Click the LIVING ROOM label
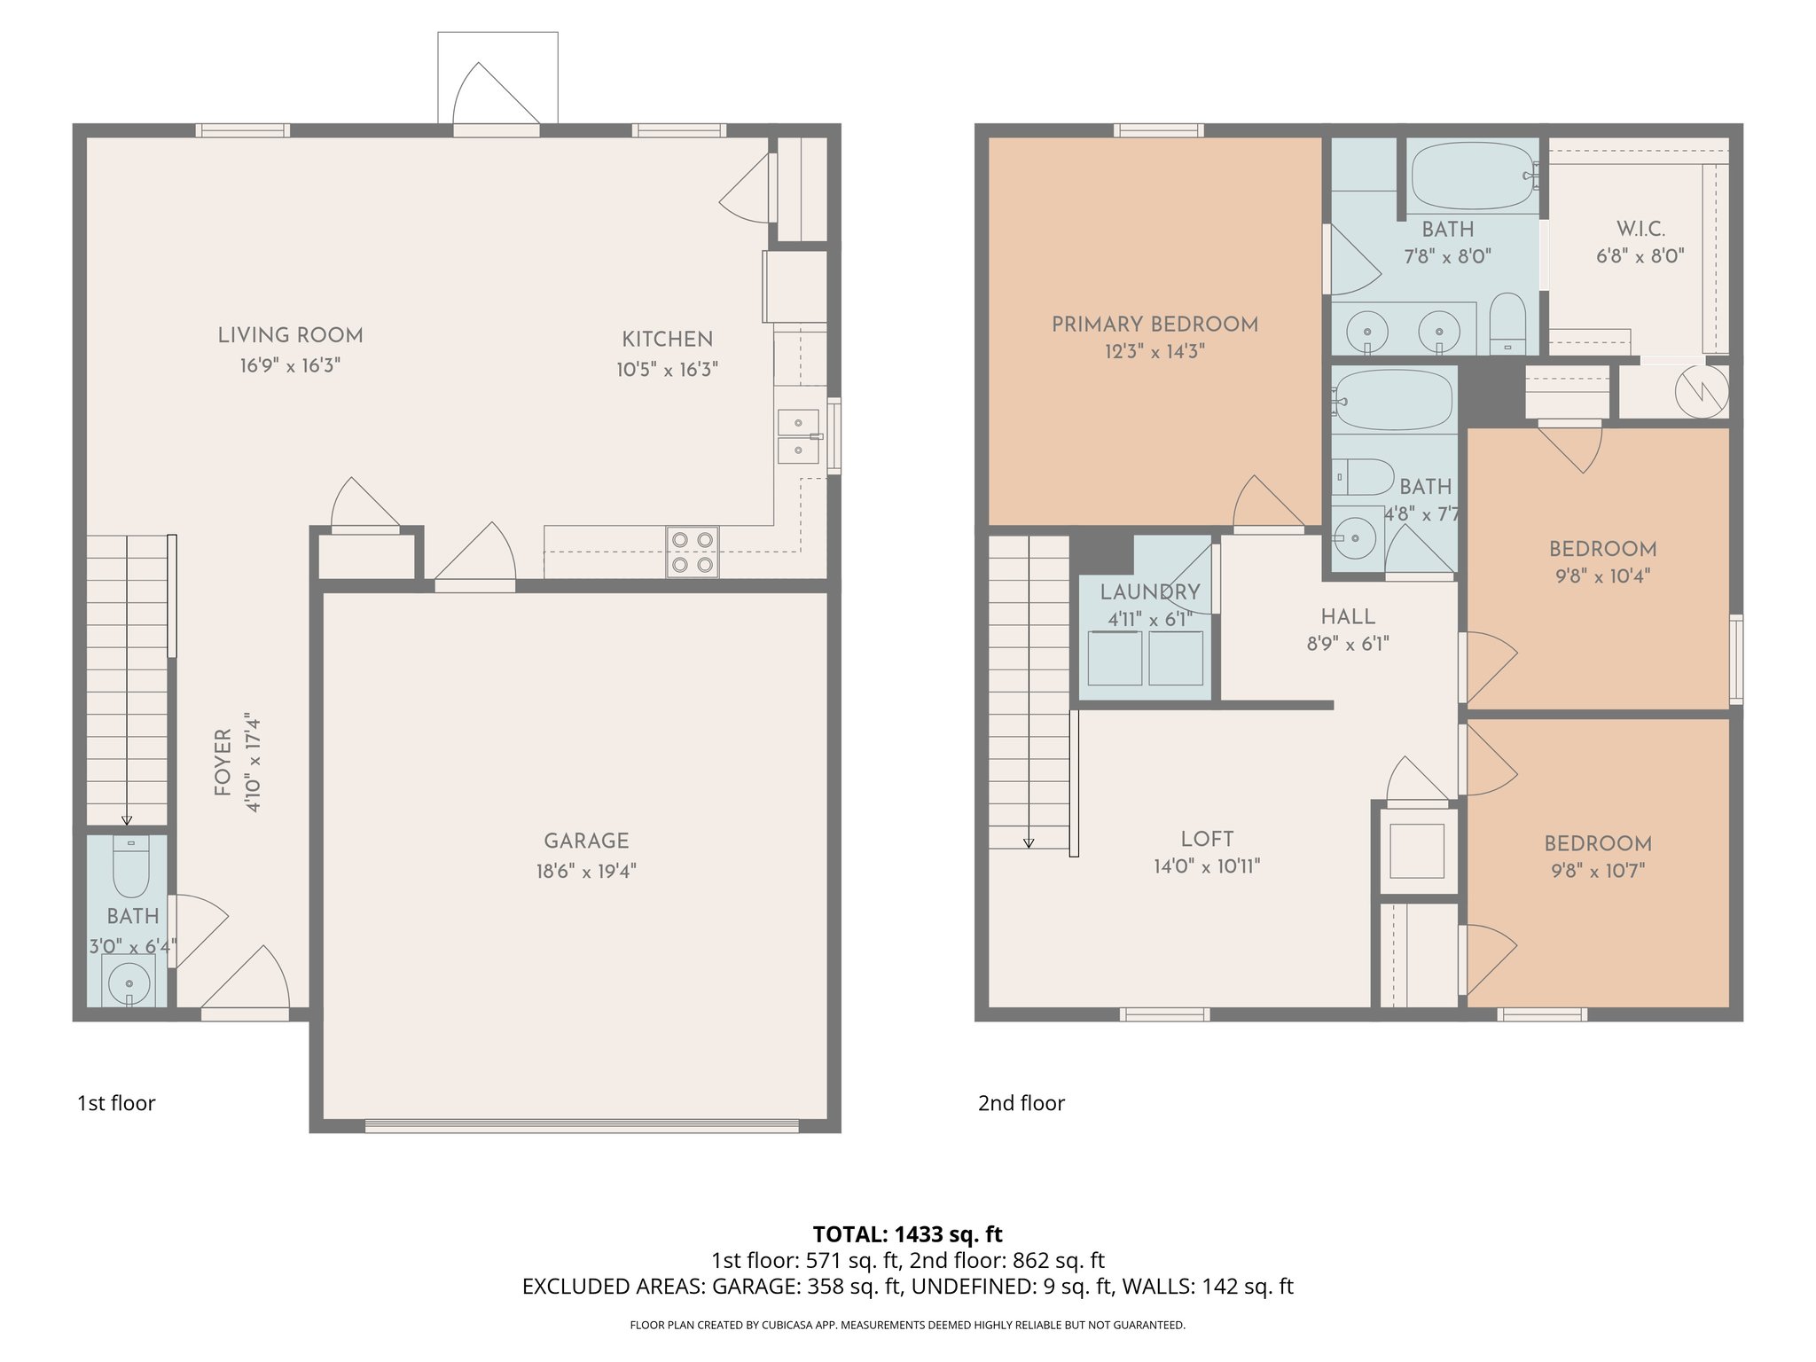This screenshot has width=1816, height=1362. click(290, 335)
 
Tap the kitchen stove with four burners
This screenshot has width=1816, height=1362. click(692, 552)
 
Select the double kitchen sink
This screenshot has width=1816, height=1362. click(798, 436)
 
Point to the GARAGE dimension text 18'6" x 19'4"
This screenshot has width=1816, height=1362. click(586, 871)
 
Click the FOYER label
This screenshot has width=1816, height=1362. click(223, 762)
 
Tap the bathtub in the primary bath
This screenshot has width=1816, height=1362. click(1472, 176)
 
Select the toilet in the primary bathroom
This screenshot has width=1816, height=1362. click(1507, 324)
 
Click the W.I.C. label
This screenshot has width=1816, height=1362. click(1640, 229)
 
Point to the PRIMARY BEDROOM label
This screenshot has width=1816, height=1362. click(1155, 325)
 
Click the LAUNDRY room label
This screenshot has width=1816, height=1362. click(1150, 591)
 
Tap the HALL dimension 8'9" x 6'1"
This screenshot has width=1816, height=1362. click(1348, 644)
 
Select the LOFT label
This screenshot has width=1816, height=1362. click(1207, 839)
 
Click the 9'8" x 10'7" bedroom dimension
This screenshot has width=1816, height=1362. click(1598, 871)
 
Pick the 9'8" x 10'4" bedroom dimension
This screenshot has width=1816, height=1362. click(1602, 576)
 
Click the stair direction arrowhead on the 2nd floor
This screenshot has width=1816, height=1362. click(1029, 843)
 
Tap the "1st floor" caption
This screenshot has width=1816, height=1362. click(116, 1103)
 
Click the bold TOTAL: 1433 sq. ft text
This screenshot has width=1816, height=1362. click(907, 1233)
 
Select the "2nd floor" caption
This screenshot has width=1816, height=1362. click(1021, 1103)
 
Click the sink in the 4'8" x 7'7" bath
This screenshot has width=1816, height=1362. click(1355, 537)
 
